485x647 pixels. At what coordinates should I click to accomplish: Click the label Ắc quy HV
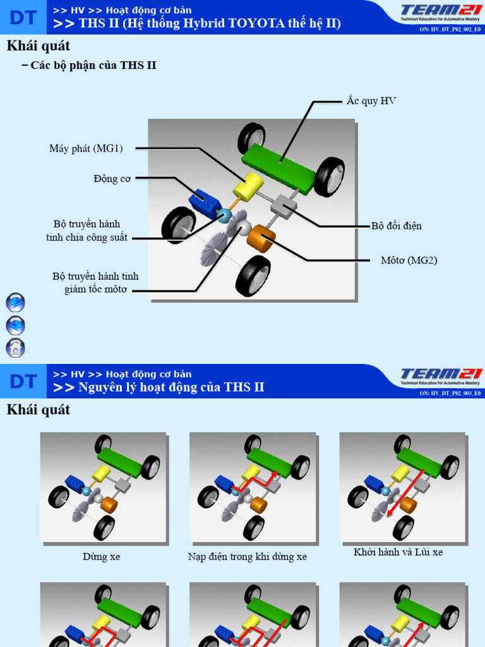pos(371,101)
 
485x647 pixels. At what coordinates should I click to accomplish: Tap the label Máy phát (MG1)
pos(86,148)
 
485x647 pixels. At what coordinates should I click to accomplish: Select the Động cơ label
pos(112,179)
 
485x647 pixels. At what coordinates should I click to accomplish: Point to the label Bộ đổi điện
pos(396,226)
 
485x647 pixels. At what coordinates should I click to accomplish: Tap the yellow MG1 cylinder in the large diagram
pos(248,186)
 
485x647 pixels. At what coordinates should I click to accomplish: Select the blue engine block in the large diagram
pos(203,201)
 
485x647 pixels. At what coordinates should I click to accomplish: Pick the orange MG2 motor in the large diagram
pos(261,239)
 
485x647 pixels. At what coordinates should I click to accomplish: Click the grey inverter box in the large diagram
pos(284,207)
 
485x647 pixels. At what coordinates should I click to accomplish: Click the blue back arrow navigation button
pos(15,325)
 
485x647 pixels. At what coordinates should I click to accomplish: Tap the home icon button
pos(15,348)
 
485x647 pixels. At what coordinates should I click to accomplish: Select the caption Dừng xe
pos(101,557)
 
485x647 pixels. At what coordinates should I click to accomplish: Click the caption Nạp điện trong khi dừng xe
pos(248,557)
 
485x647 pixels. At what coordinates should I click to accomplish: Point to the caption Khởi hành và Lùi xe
pos(398,552)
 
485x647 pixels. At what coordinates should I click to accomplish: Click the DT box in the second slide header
pos(23,381)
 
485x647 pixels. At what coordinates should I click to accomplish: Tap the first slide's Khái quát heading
pos(38,46)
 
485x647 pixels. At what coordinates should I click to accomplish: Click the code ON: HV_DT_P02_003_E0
pos(450,393)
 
